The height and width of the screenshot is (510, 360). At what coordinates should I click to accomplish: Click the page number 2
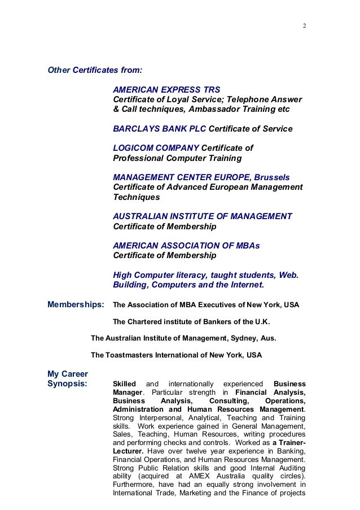pos(304,26)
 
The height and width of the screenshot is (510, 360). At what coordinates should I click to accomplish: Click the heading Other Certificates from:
pos(95,71)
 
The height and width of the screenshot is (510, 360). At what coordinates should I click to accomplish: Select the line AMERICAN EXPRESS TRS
pos(166,89)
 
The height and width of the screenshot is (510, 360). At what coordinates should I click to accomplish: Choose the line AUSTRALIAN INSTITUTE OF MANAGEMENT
pos(203,216)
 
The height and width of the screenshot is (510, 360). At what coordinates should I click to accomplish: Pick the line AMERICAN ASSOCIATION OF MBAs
pos(186,246)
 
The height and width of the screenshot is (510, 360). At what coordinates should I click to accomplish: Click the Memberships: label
pos(76,305)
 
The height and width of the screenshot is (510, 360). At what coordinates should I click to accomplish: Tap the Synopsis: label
pos(67,384)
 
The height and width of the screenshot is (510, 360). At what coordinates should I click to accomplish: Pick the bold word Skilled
pos(125,384)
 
